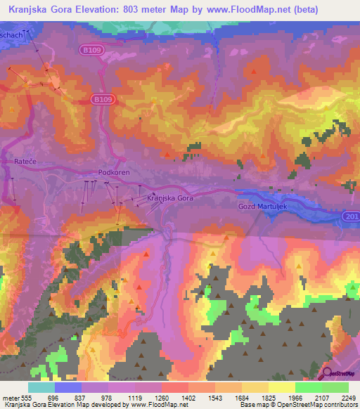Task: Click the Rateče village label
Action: click(25, 162)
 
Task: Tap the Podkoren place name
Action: click(112, 171)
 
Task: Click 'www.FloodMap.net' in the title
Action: click(229, 9)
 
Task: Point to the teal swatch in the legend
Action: click(41, 387)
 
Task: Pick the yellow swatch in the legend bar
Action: click(281, 387)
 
